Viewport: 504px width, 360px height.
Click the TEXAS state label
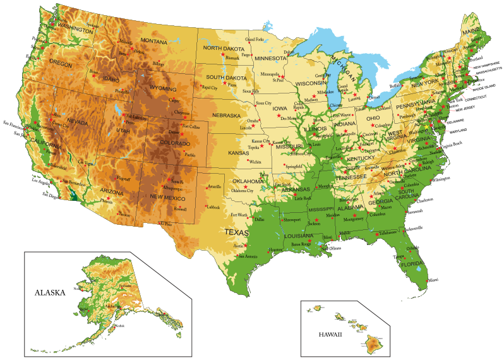(x=237, y=232)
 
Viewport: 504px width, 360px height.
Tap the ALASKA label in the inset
(x=50, y=292)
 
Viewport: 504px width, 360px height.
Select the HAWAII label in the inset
(x=330, y=334)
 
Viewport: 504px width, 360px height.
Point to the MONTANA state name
(x=153, y=41)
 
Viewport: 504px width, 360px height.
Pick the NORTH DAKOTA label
(x=224, y=48)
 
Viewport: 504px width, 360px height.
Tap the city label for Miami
(x=433, y=279)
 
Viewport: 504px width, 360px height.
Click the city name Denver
(x=174, y=132)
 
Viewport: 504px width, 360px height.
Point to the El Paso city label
(x=164, y=224)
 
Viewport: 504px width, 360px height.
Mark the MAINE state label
(x=471, y=31)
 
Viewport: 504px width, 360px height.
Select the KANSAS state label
(x=238, y=153)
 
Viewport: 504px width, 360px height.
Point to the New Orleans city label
(x=330, y=249)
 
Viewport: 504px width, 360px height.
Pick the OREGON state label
(x=61, y=63)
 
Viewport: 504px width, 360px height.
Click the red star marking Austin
(x=246, y=244)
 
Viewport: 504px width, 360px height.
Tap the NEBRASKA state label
(x=226, y=116)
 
